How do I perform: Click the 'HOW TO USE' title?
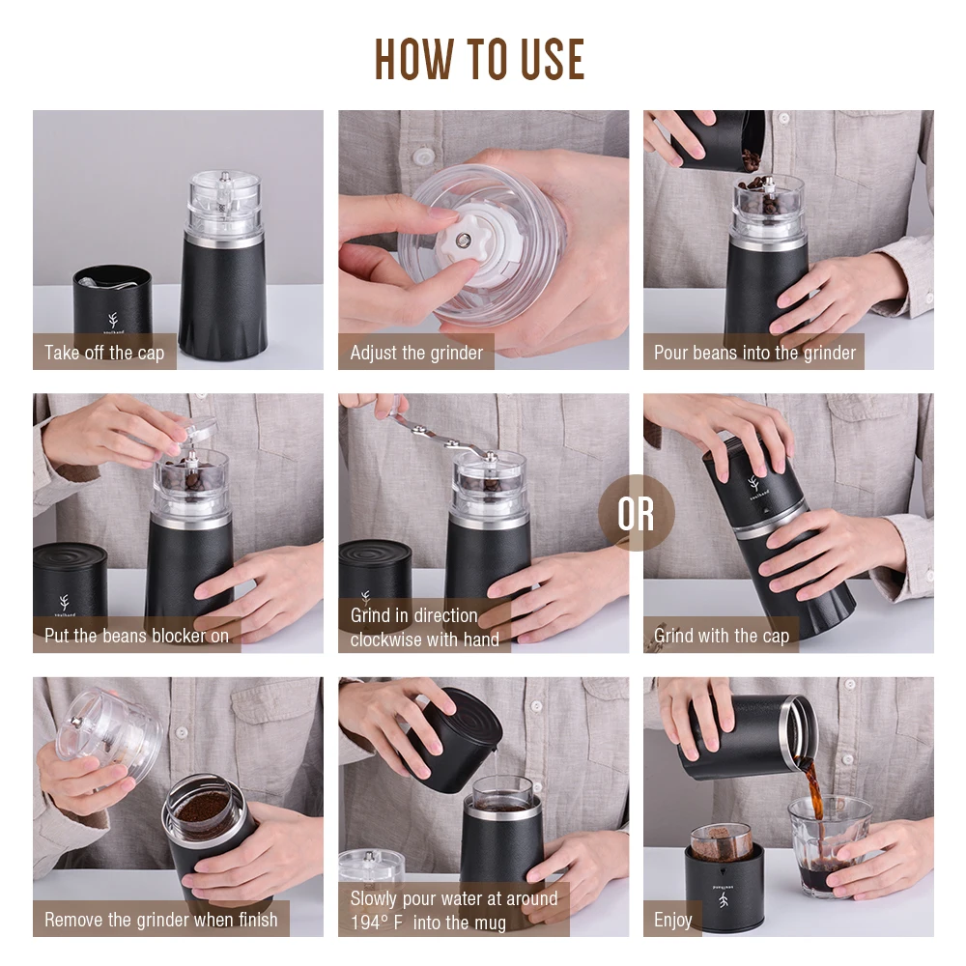(479, 59)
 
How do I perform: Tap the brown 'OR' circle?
(636, 513)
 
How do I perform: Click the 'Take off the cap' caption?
(104, 353)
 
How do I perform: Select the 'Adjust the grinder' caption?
(416, 353)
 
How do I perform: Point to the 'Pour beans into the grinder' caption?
(754, 353)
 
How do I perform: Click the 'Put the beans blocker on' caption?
(136, 636)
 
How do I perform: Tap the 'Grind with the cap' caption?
(722, 636)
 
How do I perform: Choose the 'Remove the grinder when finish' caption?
(160, 920)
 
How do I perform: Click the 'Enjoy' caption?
(672, 921)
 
